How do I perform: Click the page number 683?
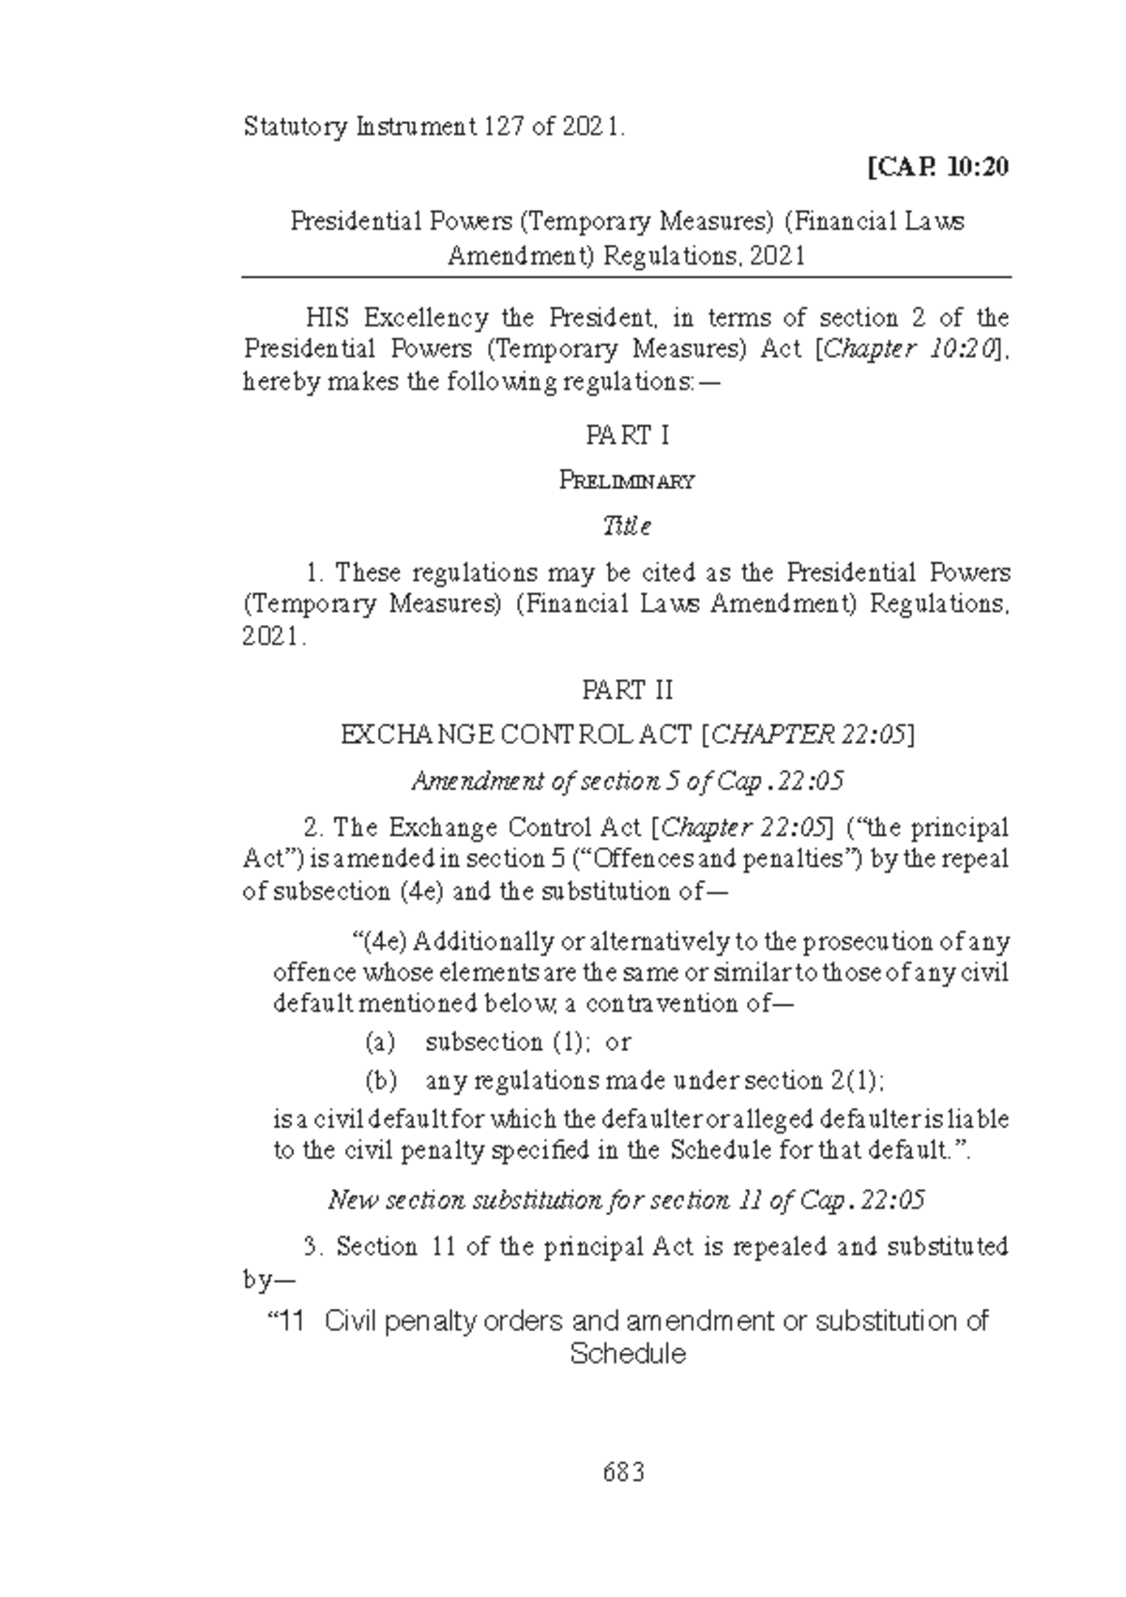624,1472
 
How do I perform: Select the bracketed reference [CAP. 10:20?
938,168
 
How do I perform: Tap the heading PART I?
627,435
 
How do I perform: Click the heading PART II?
627,692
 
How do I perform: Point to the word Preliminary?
627,481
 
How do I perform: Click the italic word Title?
627,525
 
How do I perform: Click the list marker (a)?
380,1042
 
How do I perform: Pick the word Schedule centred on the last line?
627,1354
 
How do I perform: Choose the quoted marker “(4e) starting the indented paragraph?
375,941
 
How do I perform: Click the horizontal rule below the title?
627,278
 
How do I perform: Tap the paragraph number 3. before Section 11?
314,1247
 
